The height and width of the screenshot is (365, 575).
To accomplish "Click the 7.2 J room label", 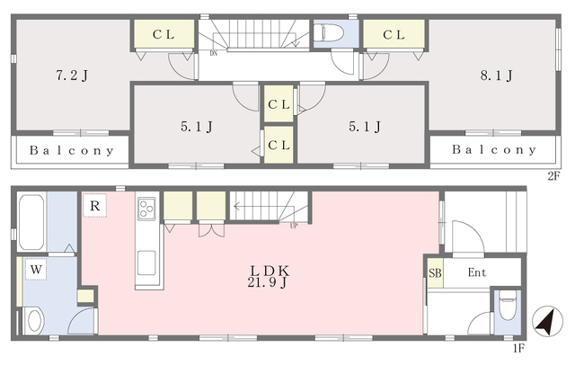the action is pyautogui.click(x=72, y=76).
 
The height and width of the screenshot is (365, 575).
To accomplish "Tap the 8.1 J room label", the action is pyautogui.click(x=496, y=76).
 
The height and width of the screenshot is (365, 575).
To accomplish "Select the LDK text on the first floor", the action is pyautogui.click(x=270, y=272).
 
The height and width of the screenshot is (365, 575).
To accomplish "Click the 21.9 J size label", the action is pyautogui.click(x=268, y=283).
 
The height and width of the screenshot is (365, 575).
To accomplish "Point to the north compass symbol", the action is pyautogui.click(x=547, y=321).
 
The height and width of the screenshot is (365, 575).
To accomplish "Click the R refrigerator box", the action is pyautogui.click(x=94, y=206).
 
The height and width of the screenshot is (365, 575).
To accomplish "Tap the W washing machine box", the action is pyautogui.click(x=36, y=270).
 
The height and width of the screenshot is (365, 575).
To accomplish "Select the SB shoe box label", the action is pyautogui.click(x=435, y=273).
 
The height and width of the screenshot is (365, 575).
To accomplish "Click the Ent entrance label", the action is pyautogui.click(x=477, y=272).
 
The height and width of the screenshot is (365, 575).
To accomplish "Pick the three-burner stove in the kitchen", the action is pyautogui.click(x=146, y=209).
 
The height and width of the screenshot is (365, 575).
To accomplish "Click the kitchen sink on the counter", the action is pyautogui.click(x=146, y=263).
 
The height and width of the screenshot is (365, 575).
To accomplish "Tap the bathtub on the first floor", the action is pyautogui.click(x=31, y=222).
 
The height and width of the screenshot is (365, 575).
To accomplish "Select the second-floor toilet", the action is pyautogui.click(x=328, y=32).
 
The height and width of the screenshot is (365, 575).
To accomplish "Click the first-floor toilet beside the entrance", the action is pyautogui.click(x=508, y=304).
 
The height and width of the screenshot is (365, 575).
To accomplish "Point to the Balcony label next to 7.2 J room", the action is pyautogui.click(x=72, y=151).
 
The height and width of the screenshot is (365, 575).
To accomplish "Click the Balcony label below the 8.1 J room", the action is pyautogui.click(x=494, y=149).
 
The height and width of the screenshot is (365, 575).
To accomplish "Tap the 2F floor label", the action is pyautogui.click(x=553, y=176).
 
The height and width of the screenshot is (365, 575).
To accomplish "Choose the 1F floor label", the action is pyautogui.click(x=518, y=348).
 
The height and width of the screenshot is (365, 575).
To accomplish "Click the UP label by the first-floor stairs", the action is pyautogui.click(x=294, y=226).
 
